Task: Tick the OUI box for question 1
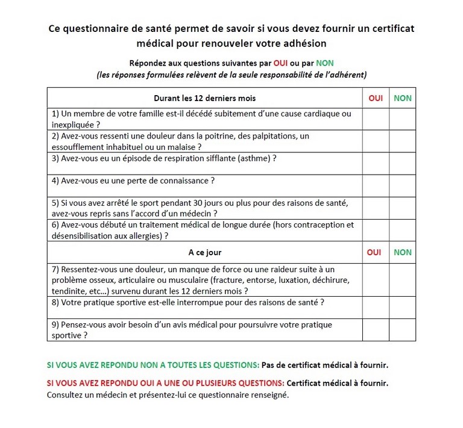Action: tap(376, 119)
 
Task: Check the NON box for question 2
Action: tap(402, 141)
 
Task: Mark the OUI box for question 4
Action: tap(376, 185)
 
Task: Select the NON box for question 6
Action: tap(402, 230)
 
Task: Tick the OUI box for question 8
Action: tap(376, 307)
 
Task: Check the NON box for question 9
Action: tap(402, 330)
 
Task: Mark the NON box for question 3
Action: tap(402, 163)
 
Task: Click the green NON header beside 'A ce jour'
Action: tap(402, 253)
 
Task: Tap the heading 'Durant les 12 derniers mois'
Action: tap(205, 98)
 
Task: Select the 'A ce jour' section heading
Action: tap(205, 253)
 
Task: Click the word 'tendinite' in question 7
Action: tap(69, 291)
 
